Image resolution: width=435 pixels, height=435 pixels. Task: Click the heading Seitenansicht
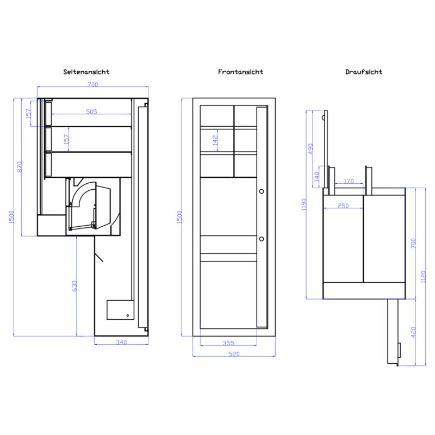coord(86,72)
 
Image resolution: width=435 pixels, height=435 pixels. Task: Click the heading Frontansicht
coord(240,72)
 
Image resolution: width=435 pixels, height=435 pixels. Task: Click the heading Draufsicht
coord(364,72)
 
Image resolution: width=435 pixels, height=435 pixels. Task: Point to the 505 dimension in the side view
coord(91,111)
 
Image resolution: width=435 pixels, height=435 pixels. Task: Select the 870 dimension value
coord(19,167)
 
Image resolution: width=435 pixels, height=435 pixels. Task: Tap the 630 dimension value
coord(74,286)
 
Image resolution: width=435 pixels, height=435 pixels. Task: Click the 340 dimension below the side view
coord(121,342)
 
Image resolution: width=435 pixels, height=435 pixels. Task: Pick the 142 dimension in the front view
coord(215,141)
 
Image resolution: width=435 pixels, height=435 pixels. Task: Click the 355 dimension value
coord(228,343)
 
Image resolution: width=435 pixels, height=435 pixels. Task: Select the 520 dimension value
coord(234,354)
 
